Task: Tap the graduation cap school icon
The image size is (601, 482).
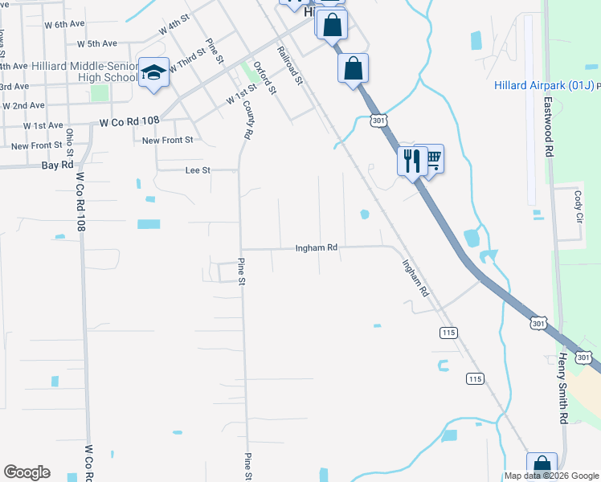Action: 153,72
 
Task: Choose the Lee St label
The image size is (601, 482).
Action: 198,170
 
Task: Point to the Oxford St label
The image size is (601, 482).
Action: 264,78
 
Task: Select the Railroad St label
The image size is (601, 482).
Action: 289,65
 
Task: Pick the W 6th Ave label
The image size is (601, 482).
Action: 65,25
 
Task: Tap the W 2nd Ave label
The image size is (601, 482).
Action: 23,105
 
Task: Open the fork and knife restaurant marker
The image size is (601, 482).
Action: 411,160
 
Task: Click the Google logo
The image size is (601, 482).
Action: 27,472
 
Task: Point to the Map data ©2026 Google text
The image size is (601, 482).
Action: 552,476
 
